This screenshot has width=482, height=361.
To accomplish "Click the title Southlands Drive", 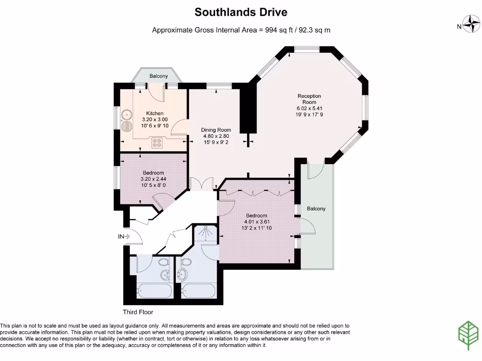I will (241, 12).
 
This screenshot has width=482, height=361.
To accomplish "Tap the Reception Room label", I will (309, 99).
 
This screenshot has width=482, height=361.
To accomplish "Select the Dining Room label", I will (216, 130).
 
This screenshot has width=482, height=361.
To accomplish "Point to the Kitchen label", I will (155, 113).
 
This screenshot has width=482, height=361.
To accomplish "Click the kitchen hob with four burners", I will (157, 142).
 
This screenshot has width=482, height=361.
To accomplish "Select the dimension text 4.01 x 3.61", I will (257, 222).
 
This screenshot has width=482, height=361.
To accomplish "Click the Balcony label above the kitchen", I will (159, 76).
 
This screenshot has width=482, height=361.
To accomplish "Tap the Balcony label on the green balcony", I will (316, 209).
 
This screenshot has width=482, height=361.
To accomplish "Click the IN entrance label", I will (121, 236).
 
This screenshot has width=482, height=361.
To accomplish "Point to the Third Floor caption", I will (138, 312).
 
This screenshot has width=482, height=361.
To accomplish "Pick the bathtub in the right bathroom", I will (198, 290).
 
